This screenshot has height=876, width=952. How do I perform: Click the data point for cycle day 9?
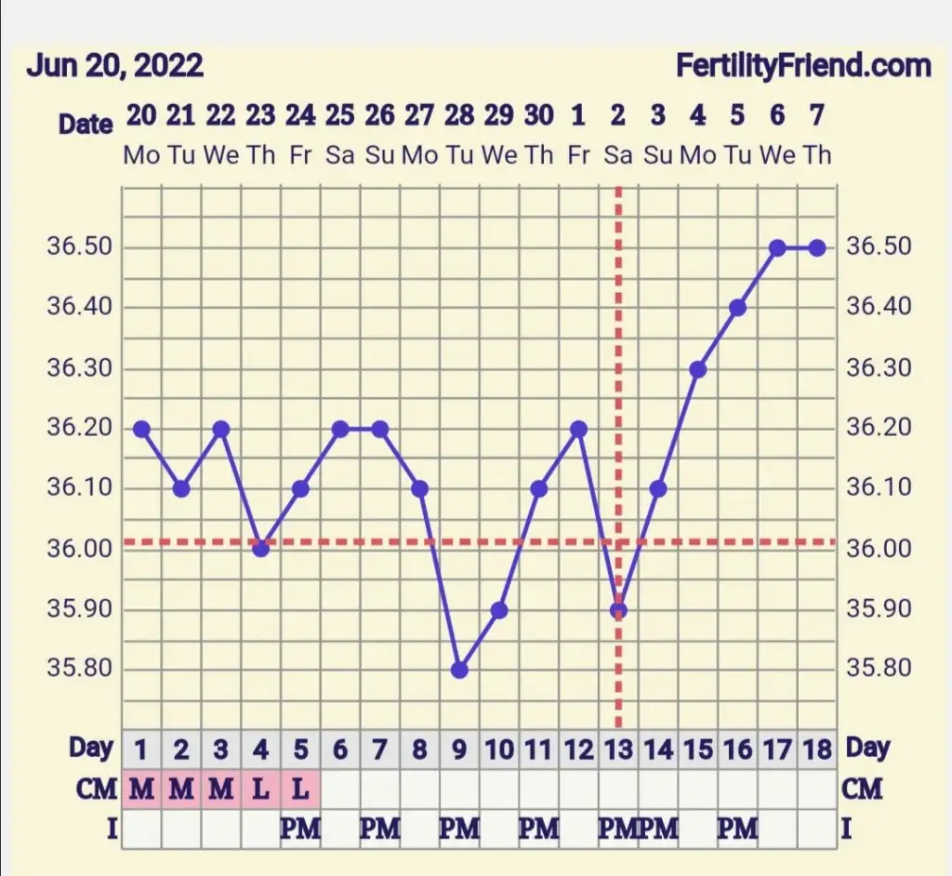(x=459, y=670)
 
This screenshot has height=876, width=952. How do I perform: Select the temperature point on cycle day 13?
(x=618, y=610)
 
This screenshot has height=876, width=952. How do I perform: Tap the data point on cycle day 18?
(x=817, y=248)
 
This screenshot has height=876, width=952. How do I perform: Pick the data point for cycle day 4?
(x=260, y=549)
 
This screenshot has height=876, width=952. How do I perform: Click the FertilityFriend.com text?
(x=803, y=67)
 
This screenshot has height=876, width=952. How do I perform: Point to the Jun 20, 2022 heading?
(x=114, y=67)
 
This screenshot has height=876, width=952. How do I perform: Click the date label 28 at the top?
(x=459, y=116)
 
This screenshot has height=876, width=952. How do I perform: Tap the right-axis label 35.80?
(x=879, y=670)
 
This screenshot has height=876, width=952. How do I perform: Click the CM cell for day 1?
(x=141, y=790)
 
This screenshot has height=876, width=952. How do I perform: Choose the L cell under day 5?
(x=300, y=790)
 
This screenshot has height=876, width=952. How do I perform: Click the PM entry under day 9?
(x=459, y=829)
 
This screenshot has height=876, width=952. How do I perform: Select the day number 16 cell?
(x=737, y=750)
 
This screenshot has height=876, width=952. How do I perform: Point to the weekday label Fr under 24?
(x=300, y=155)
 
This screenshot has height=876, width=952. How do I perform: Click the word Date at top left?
(x=86, y=124)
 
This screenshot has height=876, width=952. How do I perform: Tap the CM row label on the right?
(x=862, y=790)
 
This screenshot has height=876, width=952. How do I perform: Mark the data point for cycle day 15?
(x=698, y=369)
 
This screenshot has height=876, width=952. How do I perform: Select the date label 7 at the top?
(x=817, y=116)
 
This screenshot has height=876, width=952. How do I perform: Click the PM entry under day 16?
(x=737, y=829)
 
